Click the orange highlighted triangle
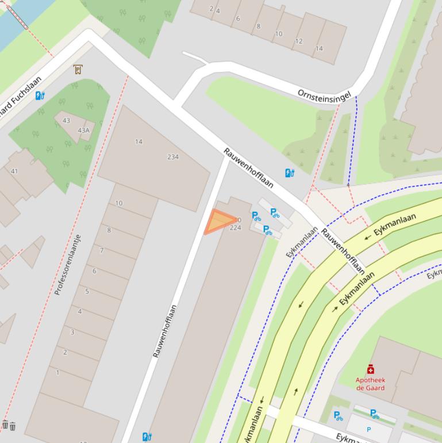point(218,221)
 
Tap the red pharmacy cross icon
point(371,369)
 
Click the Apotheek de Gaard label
point(370,384)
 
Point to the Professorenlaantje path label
point(68,265)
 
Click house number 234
point(173,156)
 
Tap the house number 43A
point(84,130)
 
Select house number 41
point(14,171)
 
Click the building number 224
point(235,228)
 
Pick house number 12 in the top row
point(299,41)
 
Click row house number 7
point(102,250)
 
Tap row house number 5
point(87,291)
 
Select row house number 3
point(72,332)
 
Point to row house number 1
point(57,373)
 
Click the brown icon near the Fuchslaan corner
point(78,70)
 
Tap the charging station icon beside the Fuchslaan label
point(40,96)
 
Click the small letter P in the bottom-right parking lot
point(369,429)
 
